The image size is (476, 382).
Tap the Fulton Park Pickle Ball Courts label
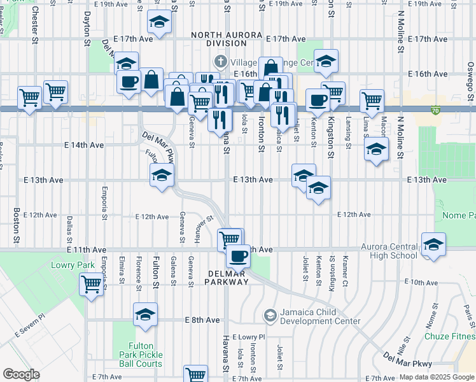click(x=141, y=355)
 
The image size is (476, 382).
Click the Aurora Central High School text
click(x=389, y=251)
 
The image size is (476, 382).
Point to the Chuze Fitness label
click(x=452, y=336)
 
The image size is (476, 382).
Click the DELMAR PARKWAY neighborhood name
click(x=226, y=277)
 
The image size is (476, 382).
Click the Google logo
click(x=20, y=374)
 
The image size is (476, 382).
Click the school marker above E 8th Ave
click(x=145, y=314)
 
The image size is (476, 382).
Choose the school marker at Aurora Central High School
click(x=433, y=244)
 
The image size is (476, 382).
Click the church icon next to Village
click(x=220, y=62)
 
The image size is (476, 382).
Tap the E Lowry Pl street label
click(x=248, y=336)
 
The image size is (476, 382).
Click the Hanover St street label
click(x=203, y=227)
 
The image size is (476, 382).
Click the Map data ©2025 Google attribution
click(x=436, y=378)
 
